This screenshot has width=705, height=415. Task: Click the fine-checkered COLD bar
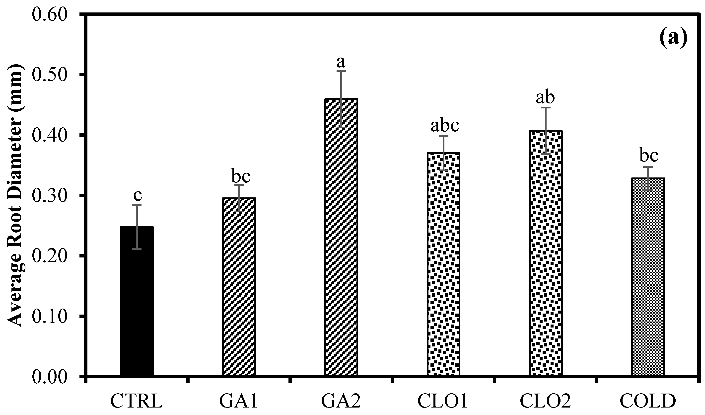(x=648, y=277)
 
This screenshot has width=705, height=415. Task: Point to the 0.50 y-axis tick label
(x=50, y=75)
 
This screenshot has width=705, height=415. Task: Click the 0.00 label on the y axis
(x=50, y=377)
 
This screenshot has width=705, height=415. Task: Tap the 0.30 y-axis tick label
(x=50, y=196)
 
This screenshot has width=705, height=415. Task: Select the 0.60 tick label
(x=50, y=14)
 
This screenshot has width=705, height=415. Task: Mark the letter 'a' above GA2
(x=341, y=62)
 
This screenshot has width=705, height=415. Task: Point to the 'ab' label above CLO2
(x=545, y=97)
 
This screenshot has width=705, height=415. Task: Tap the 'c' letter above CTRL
(x=137, y=196)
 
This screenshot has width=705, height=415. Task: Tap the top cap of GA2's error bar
(x=341, y=71)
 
